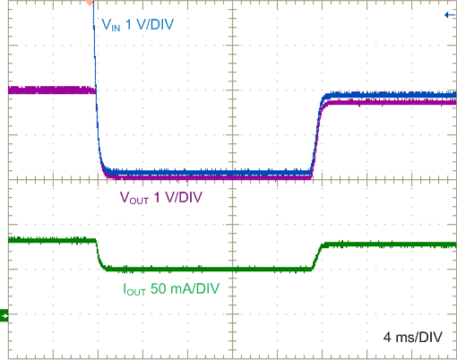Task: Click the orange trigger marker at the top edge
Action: (89, 4)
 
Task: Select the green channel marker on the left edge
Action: (4, 314)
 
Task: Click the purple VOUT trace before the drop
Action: (49, 90)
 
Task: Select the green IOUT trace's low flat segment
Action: (206, 269)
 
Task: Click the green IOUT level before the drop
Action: (49, 240)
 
